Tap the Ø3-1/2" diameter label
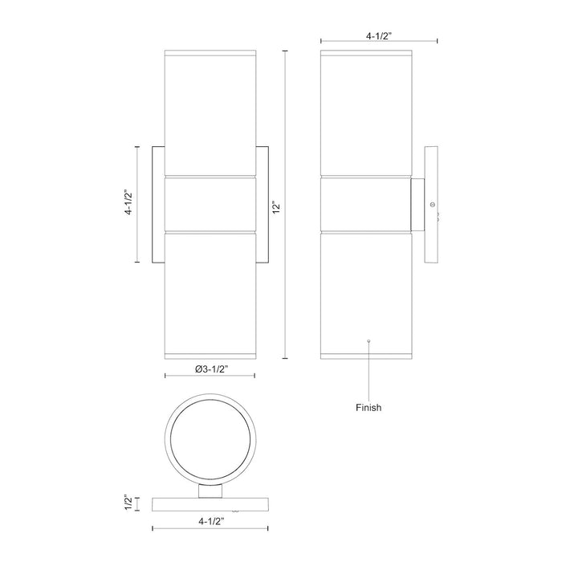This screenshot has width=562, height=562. [210, 369]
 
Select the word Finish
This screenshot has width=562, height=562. [369, 407]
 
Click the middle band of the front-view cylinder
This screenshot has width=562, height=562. [210, 203]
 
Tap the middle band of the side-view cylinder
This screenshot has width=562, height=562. [365, 203]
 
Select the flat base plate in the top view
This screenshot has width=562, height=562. [210, 504]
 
